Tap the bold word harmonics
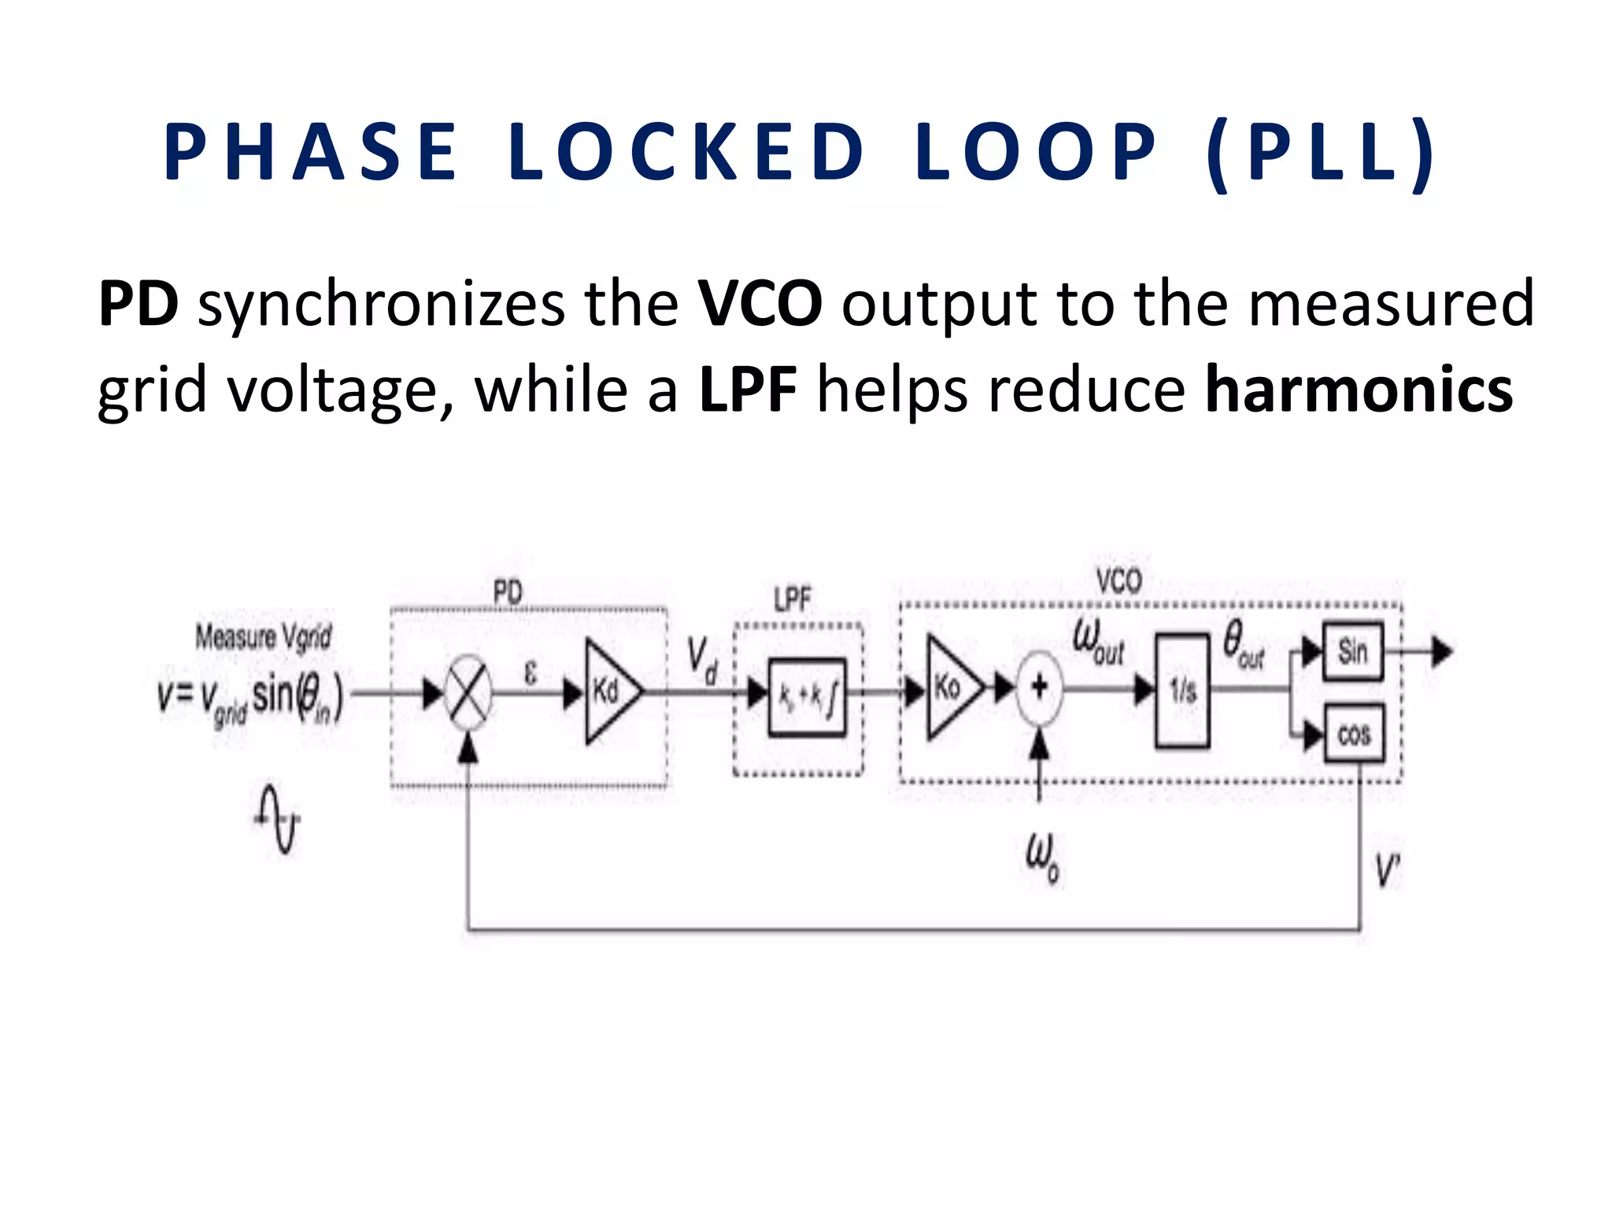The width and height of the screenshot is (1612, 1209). click(1359, 390)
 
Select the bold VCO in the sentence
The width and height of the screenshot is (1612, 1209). click(760, 304)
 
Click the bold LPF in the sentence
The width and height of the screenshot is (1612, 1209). click(748, 390)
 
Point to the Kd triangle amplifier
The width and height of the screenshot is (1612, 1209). click(609, 692)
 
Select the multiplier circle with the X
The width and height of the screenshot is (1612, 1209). click(468, 693)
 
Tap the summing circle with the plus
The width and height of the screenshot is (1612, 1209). click(1040, 687)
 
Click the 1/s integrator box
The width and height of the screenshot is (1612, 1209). click(1182, 690)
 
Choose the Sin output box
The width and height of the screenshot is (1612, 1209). click(1353, 651)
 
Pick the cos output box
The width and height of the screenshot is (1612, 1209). click(1354, 735)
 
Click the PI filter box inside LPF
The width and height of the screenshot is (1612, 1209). click(807, 697)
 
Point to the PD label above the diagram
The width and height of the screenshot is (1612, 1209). click(508, 592)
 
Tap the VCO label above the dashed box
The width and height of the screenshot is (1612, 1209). click(1118, 582)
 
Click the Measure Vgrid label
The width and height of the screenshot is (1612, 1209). click(264, 636)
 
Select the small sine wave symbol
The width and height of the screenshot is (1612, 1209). click(279, 819)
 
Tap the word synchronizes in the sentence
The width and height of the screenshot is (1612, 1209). click(381, 304)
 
